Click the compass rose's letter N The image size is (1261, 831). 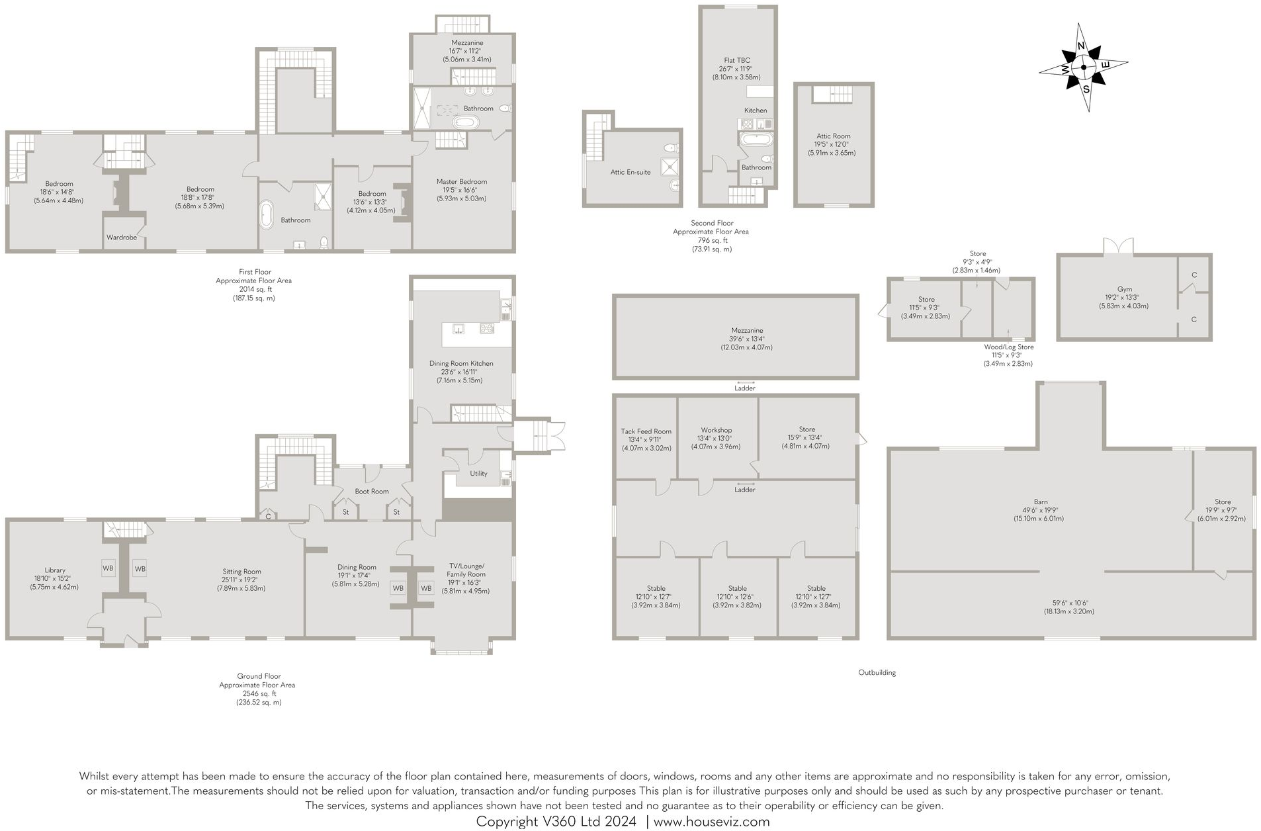click(x=1081, y=46)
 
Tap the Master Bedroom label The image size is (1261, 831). click(x=461, y=181)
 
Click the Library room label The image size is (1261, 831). click(x=55, y=570)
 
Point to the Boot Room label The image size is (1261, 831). click(x=371, y=491)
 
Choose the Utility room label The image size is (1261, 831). click(x=478, y=473)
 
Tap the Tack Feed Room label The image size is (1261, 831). click(x=646, y=431)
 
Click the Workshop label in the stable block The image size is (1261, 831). click(x=716, y=430)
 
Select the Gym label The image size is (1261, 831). click(x=1124, y=289)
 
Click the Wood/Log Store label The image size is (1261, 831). click(x=1008, y=347)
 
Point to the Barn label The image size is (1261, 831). click(x=1041, y=502)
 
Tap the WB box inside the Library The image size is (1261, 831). click(x=108, y=568)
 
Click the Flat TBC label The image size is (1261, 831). click(x=737, y=60)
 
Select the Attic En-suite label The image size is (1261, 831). click(x=630, y=172)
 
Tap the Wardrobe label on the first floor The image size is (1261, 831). click(x=122, y=237)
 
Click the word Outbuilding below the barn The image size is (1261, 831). click(x=877, y=672)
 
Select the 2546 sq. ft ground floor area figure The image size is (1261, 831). click(x=257, y=693)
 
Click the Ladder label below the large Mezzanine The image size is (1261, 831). click(x=744, y=388)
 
